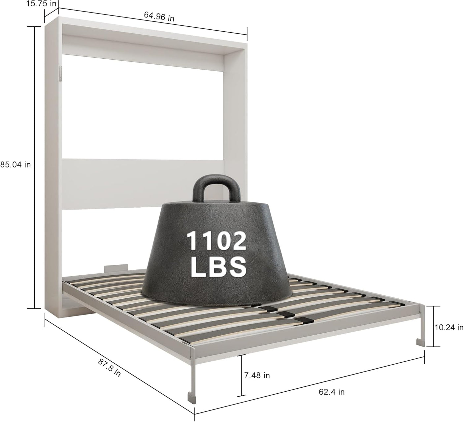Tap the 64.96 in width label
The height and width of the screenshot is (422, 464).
159,16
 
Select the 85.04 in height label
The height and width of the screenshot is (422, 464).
16,165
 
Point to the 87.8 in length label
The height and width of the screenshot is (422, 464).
109,368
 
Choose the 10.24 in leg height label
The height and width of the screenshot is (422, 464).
449,327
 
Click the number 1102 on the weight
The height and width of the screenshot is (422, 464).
216,241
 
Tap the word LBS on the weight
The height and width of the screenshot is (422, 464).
218,268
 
